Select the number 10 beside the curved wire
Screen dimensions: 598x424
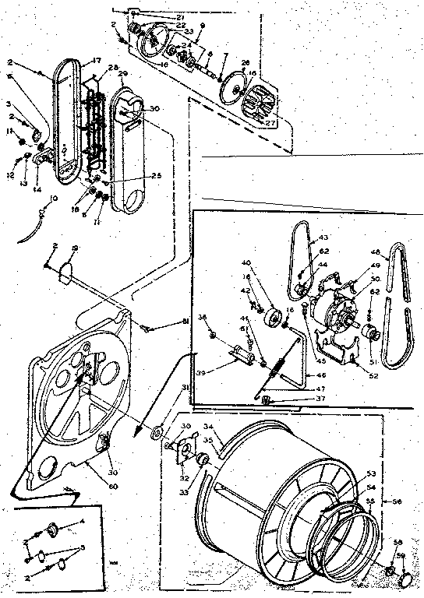[53, 199]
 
